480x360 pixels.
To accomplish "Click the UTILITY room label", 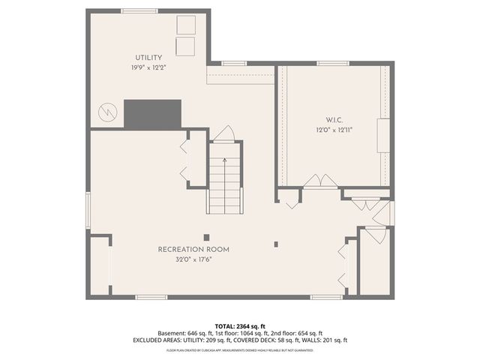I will click(148, 58).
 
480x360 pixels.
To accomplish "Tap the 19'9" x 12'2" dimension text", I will click(148, 67).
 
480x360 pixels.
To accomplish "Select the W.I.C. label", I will click(334, 120).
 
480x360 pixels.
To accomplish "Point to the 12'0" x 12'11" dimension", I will click(334, 129).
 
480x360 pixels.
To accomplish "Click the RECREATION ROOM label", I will click(193, 249).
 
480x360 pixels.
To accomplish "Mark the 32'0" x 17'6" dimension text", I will click(193, 259).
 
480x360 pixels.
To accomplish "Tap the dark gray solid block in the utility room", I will click(153, 113).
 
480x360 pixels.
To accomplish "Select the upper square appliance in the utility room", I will click(184, 24).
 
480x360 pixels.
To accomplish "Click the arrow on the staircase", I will click(223, 161).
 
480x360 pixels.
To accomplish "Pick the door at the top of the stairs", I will click(223, 133).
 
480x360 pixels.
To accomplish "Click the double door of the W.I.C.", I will click(321, 181).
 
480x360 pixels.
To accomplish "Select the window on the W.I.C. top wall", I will click(328, 63).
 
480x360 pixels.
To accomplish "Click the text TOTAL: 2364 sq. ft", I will click(240, 326).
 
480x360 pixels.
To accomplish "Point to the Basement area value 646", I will click(196, 333).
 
